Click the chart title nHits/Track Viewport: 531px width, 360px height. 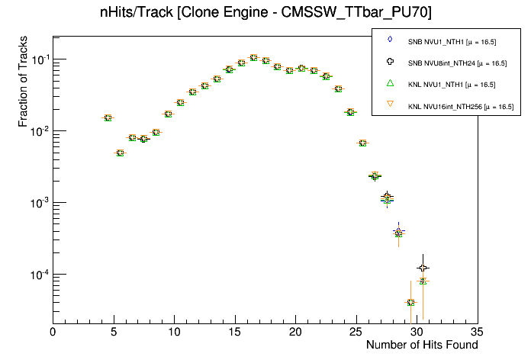[265, 13]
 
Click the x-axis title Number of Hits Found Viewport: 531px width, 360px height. [422, 345]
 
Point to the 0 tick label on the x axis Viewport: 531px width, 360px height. [53, 332]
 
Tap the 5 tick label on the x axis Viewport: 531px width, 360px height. [114, 332]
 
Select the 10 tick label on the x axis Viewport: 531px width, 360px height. [174, 332]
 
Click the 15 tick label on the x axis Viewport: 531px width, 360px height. [235, 332]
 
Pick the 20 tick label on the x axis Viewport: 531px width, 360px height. [295, 332]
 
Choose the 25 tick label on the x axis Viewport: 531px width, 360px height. [356, 332]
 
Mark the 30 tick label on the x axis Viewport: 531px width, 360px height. [417, 332]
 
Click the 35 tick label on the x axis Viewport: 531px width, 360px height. [478, 332]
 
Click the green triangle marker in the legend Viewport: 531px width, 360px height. [390, 83]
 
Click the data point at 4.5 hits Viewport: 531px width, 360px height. [108, 117]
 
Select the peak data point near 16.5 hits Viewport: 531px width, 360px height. [253, 57]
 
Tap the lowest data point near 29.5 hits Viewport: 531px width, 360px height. [410, 303]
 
